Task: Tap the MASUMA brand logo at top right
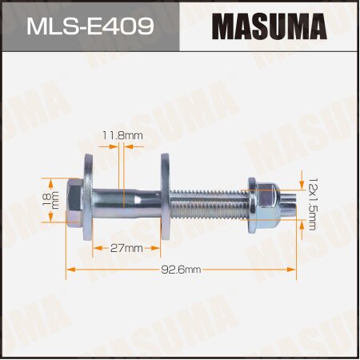[x=269, y=26]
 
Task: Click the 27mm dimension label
[x=128, y=249]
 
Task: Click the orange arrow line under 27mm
[x=128, y=257]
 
